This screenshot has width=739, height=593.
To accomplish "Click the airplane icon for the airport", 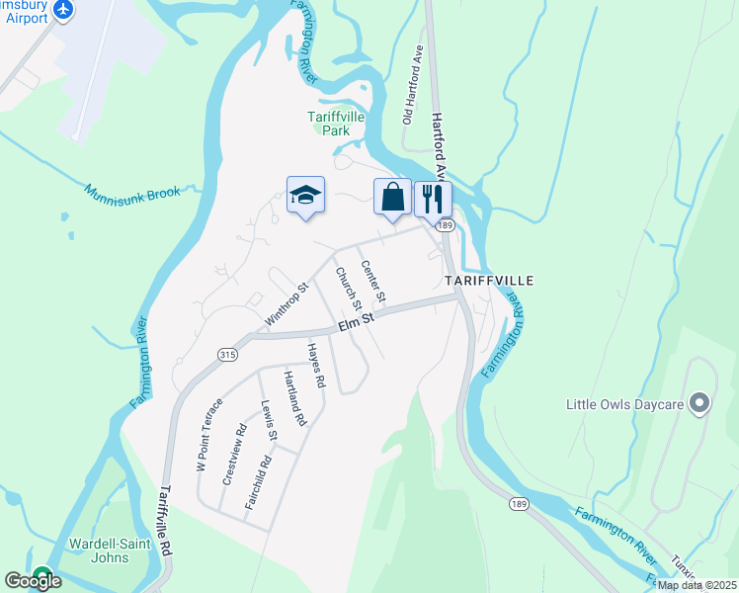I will pos(64,9).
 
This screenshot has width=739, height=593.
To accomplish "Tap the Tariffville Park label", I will pos(336,123).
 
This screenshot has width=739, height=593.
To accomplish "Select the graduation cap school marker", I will pos(305,195).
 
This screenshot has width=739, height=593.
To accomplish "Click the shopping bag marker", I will pos(392,197).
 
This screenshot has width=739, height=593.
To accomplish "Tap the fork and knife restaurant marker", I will pos(432,198).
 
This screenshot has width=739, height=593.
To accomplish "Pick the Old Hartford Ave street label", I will pos(412,89).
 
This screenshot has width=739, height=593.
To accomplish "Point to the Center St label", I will pos(372,281).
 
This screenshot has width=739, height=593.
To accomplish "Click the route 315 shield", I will pos(228,354).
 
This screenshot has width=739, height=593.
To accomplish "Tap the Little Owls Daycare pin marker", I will pos(699,403).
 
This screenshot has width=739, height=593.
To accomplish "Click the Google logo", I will pos(33,581).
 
